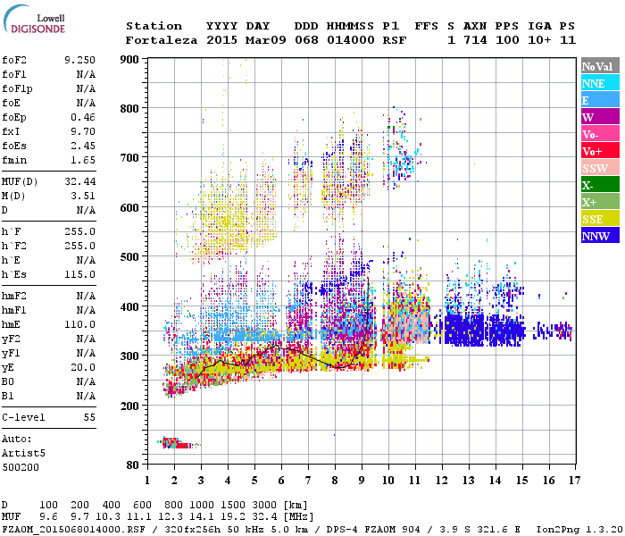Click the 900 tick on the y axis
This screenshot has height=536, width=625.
click(129, 59)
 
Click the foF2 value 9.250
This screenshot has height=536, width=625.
click(79, 58)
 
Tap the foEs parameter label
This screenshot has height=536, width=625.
click(16, 120)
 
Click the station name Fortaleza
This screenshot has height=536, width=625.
click(162, 40)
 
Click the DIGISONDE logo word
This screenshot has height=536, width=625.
click(36, 29)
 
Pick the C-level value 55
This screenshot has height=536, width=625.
click(89, 417)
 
